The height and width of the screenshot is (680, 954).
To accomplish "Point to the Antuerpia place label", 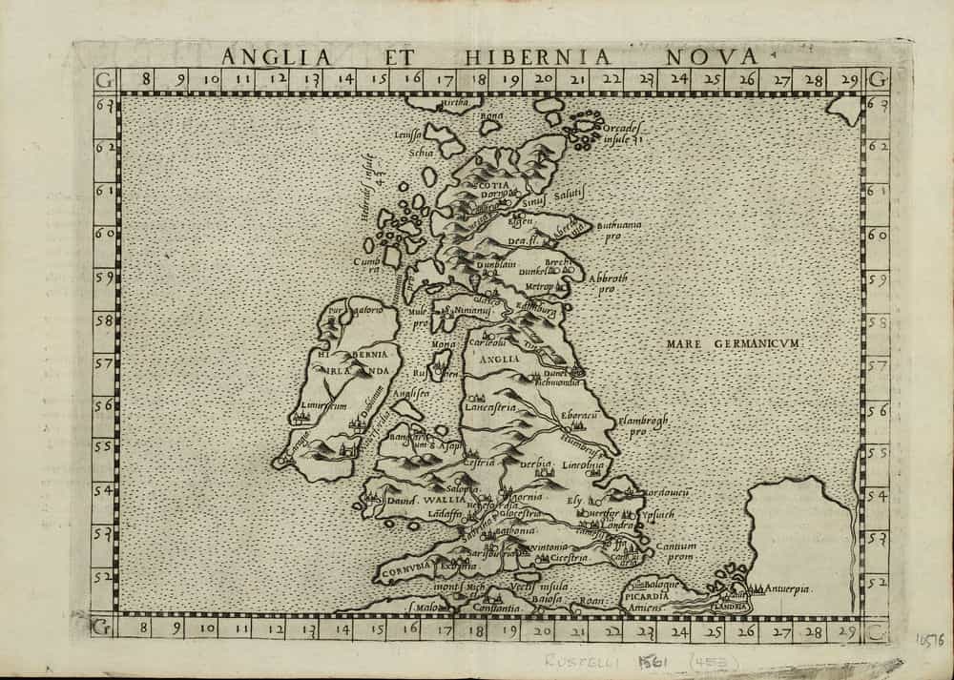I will tap(786, 589).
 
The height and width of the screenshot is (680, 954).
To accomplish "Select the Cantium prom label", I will tap(675, 551).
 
